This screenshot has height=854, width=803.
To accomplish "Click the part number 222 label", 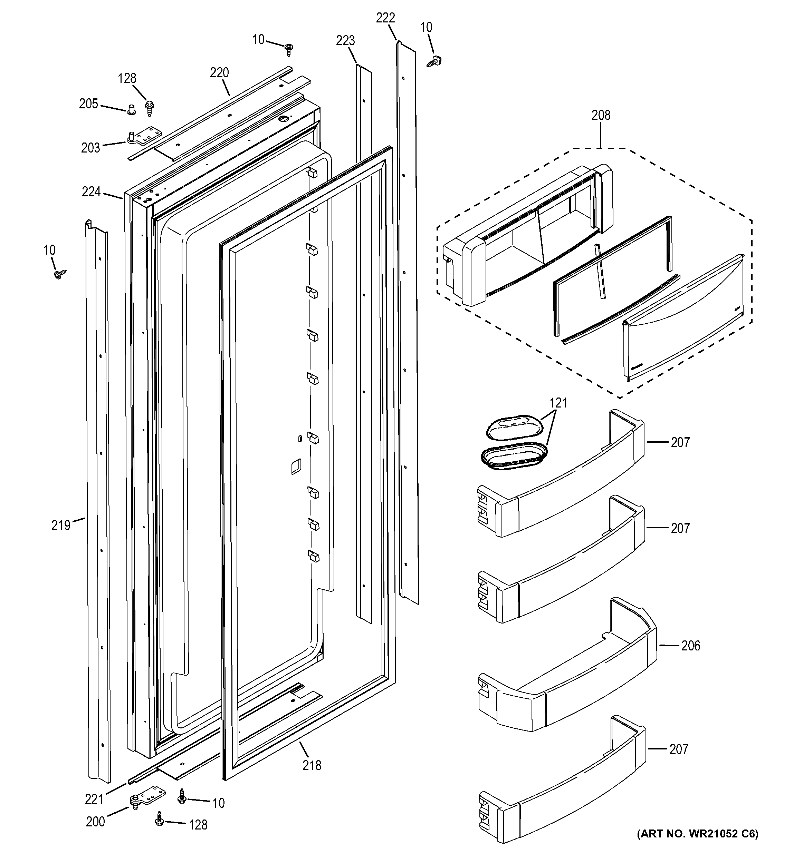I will [x=385, y=18].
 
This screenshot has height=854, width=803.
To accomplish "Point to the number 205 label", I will [x=88, y=104].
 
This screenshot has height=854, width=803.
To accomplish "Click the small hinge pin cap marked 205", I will [x=132, y=110].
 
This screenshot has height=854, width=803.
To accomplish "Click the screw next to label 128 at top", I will [x=150, y=107].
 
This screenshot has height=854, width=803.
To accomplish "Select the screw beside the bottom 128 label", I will [x=160, y=821].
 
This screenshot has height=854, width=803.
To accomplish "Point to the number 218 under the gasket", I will [x=312, y=766].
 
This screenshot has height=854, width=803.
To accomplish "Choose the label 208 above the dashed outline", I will [x=601, y=115].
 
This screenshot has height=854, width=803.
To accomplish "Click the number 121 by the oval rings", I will [x=558, y=403].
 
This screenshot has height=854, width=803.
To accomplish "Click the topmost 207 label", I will [x=680, y=442].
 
